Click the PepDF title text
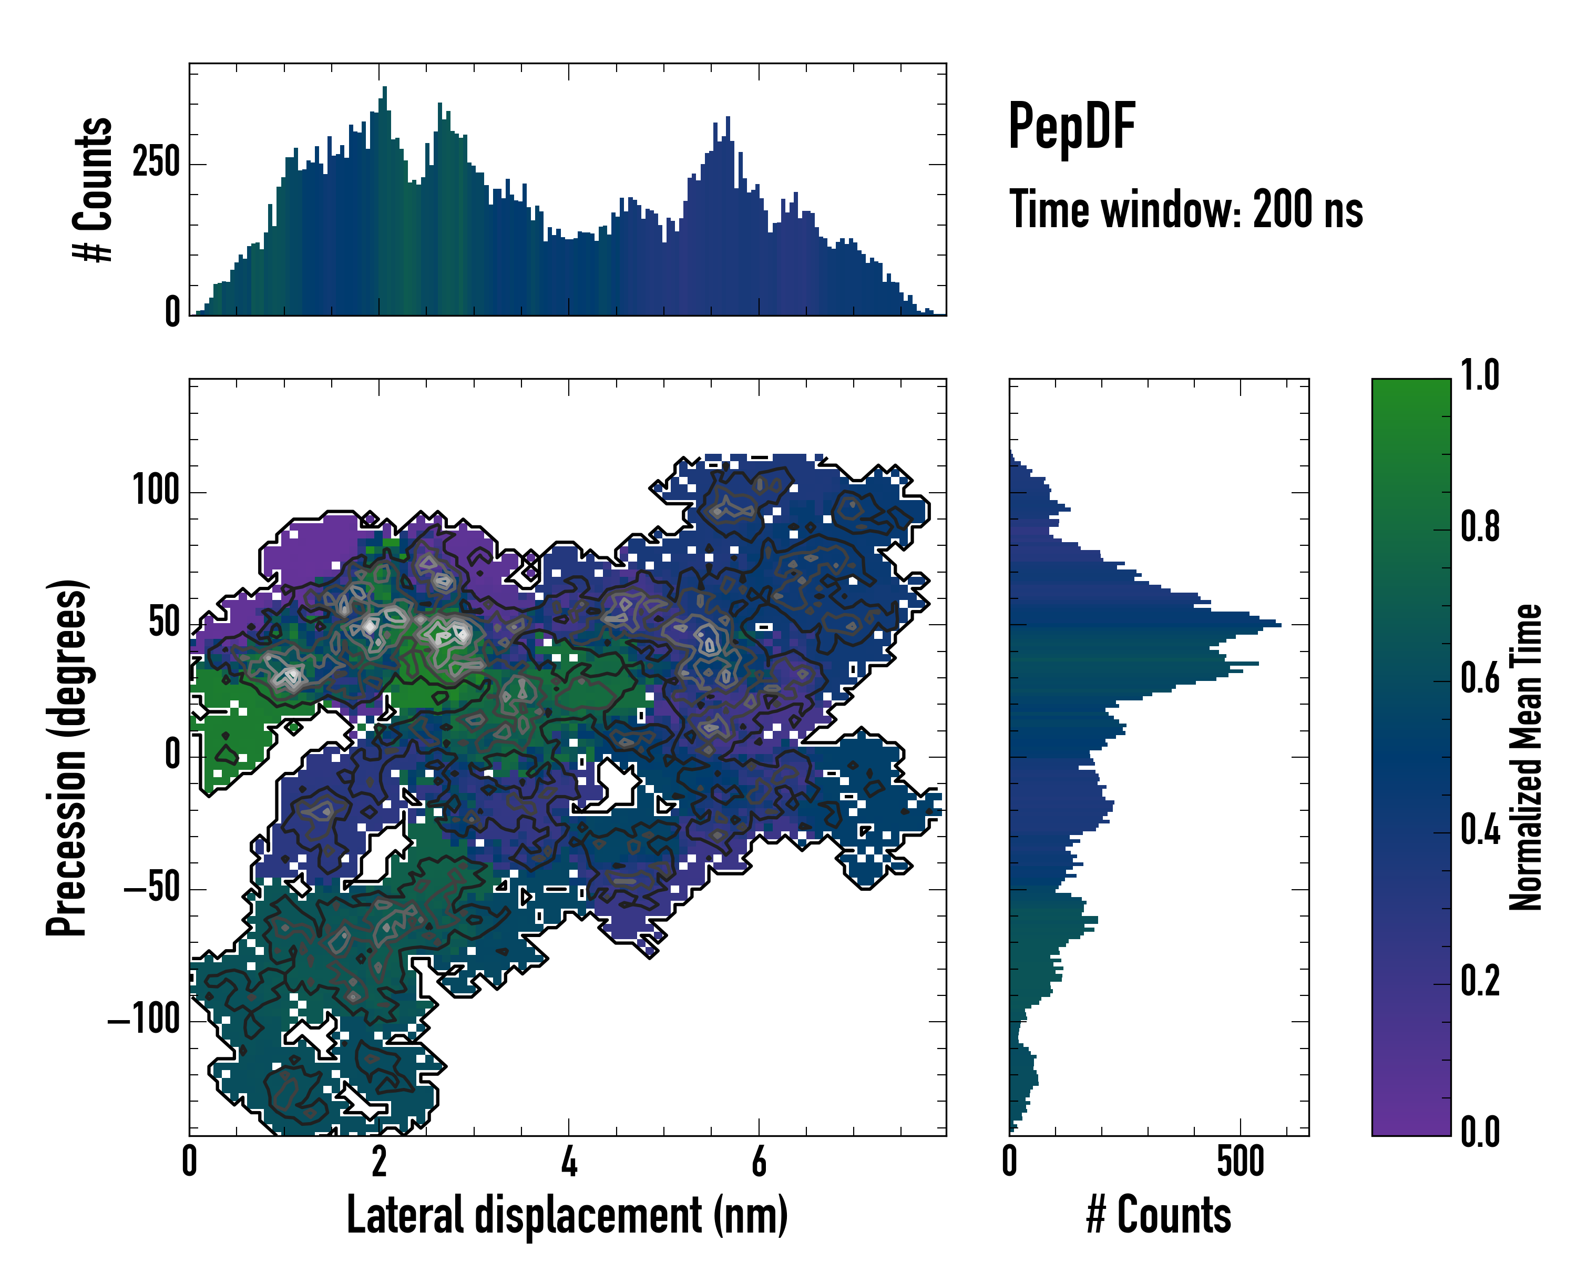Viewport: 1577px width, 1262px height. pyautogui.click(x=1071, y=127)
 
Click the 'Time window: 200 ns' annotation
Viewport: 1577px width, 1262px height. pyautogui.click(x=1186, y=210)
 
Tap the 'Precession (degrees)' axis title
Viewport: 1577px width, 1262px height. pyautogui.click(x=67, y=757)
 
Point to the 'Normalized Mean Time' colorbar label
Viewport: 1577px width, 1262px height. pyautogui.click(x=1526, y=757)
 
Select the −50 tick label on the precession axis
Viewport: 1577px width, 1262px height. pyautogui.click(x=151, y=888)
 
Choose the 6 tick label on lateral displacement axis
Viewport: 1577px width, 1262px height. pyautogui.click(x=759, y=1163)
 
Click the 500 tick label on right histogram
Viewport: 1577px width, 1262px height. pyautogui.click(x=1241, y=1163)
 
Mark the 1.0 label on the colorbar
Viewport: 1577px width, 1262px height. pyautogui.click(x=1480, y=376)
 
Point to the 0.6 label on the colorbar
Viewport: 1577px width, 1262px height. pyautogui.click(x=1480, y=679)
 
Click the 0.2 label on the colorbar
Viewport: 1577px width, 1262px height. pyautogui.click(x=1480, y=982)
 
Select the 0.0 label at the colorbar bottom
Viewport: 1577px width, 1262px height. pyautogui.click(x=1480, y=1132)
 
